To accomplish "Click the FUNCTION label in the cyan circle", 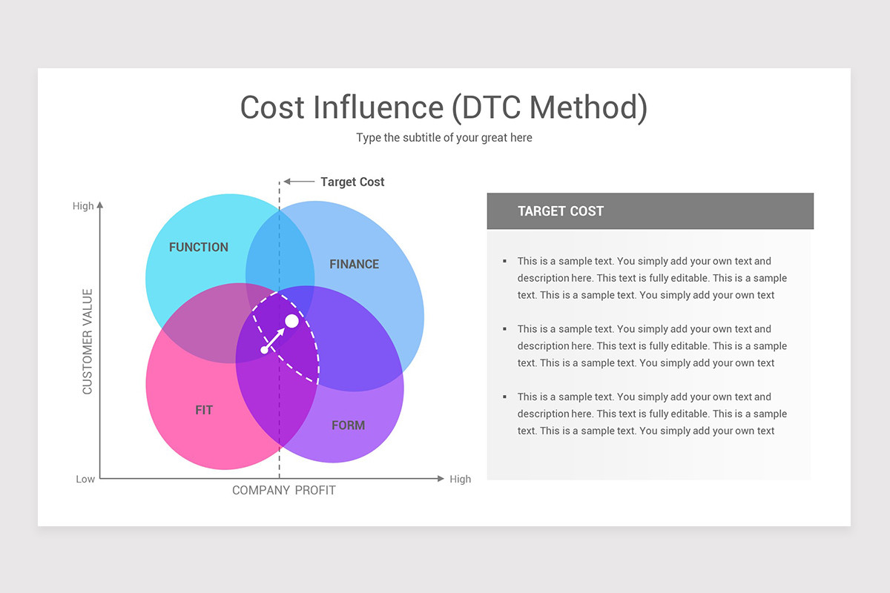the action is (x=199, y=247).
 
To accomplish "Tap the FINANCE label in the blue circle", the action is (x=354, y=264).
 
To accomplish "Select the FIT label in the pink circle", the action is (x=204, y=410).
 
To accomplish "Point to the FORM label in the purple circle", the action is (x=348, y=425).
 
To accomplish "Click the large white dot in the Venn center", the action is (x=291, y=321).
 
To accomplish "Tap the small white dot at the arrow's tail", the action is (x=264, y=350).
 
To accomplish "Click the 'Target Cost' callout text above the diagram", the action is (x=352, y=182).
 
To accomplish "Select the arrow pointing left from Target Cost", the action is (x=299, y=182).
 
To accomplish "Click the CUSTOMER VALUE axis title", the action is (x=87, y=342).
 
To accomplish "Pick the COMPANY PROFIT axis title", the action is (x=283, y=490).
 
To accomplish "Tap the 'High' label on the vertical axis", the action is (x=83, y=206).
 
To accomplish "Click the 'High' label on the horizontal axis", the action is (x=460, y=479).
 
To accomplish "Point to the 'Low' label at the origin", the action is (x=85, y=479).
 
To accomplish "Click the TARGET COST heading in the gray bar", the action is (x=561, y=211).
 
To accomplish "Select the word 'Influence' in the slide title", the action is (x=378, y=107).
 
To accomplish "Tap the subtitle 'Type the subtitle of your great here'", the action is (x=444, y=137).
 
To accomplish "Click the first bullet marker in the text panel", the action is (x=504, y=261).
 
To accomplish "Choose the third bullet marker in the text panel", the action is (x=504, y=397).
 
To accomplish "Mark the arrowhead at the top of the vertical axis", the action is (x=100, y=205).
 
